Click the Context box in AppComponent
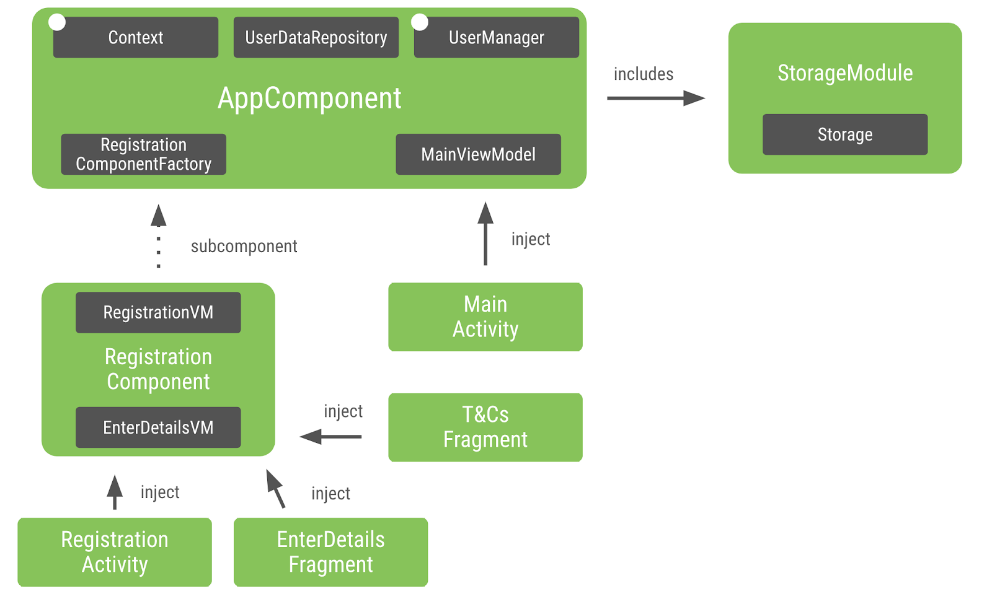135,38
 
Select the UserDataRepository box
316,38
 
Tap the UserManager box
496,38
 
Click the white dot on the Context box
57,22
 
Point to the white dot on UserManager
420,22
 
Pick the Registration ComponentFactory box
143,154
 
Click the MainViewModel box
478,154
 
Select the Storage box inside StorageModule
844,134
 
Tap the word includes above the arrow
643,74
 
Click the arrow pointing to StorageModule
655,98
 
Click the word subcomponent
244,247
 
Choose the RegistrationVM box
158,312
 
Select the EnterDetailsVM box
158,427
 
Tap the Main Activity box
485,317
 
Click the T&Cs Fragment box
485,427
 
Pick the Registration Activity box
115,552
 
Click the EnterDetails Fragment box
330,552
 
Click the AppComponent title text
309,98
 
